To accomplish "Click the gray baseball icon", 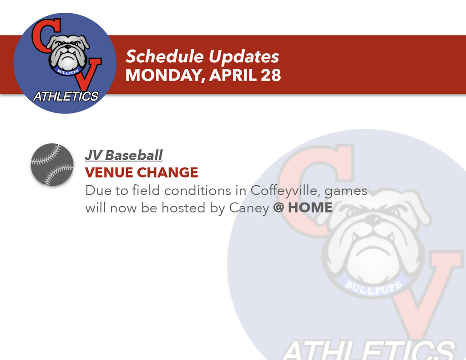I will point(52,164).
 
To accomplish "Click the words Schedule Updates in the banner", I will point(202,57).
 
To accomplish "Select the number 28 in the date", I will point(271,75).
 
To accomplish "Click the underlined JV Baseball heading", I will point(123,155).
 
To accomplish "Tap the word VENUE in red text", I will point(109,172).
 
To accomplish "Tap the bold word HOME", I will point(310,208).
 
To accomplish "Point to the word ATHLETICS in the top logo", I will point(66,96).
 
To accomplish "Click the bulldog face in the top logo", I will point(67,52).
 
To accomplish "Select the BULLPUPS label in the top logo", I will point(66,71).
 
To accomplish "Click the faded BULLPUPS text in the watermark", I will point(374,288).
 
